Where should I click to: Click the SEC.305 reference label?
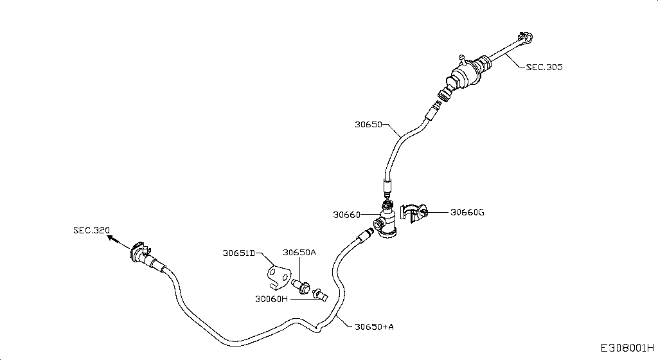click(544, 66)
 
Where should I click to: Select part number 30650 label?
click(368, 125)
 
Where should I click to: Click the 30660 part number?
click(346, 215)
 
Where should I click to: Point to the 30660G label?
click(467, 212)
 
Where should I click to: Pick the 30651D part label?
click(239, 253)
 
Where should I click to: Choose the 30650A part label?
click(299, 253)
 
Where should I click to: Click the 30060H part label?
click(271, 298)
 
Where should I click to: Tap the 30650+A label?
click(374, 326)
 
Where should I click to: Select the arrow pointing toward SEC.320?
click(113, 240)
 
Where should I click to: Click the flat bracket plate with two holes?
click(277, 275)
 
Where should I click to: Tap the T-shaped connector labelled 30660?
click(387, 222)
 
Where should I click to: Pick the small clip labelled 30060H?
click(320, 294)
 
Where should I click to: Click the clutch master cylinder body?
click(467, 71)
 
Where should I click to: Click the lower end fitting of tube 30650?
click(387, 190)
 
